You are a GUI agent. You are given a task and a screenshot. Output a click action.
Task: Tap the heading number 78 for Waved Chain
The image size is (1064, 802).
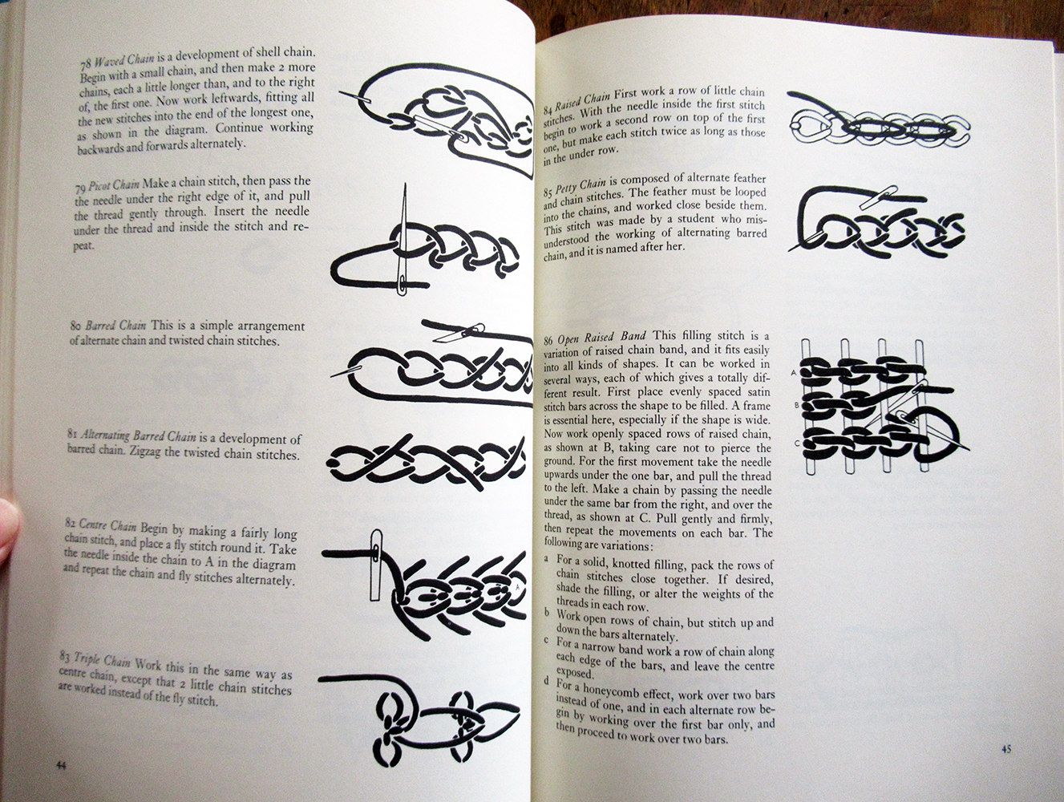tap(87, 63)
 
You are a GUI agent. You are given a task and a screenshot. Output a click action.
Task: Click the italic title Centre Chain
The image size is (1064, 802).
tap(108, 525)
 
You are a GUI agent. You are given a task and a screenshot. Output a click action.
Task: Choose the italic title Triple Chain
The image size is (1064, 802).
tap(102, 660)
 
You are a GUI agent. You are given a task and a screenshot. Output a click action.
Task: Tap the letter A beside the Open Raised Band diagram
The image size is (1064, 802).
tap(793, 373)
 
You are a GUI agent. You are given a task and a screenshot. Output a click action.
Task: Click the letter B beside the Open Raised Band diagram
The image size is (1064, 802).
tap(796, 405)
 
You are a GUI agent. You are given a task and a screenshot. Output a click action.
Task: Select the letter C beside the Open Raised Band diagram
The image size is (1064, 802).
tap(797, 443)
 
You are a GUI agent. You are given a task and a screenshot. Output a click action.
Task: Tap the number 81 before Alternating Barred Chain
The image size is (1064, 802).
tap(73, 433)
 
